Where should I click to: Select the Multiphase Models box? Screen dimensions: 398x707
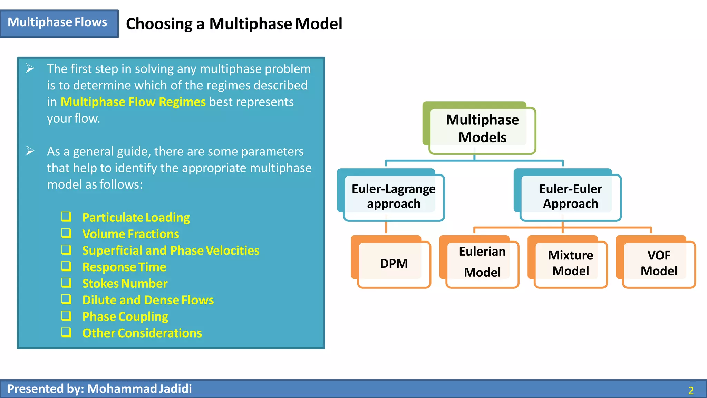(x=482, y=129)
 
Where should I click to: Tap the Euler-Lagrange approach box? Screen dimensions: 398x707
(x=393, y=196)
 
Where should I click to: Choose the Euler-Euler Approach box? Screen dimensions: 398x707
(x=570, y=196)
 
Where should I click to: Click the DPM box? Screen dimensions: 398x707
(x=394, y=264)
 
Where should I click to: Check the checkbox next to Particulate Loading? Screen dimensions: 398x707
(x=66, y=217)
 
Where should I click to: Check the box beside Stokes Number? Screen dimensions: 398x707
(x=66, y=283)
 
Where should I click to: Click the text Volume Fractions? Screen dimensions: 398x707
(x=130, y=234)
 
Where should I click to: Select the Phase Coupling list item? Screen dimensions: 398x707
(x=125, y=316)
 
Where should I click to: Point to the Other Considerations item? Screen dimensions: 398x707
(x=142, y=333)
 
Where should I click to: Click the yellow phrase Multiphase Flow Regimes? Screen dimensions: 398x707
(x=133, y=102)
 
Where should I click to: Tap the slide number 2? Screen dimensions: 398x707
(x=690, y=390)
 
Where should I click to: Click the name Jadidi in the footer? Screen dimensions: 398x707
(x=175, y=389)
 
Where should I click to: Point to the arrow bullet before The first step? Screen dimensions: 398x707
(x=30, y=68)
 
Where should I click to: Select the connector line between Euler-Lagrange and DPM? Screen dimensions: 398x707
(x=386, y=227)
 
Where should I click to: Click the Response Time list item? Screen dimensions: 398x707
(x=124, y=267)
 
